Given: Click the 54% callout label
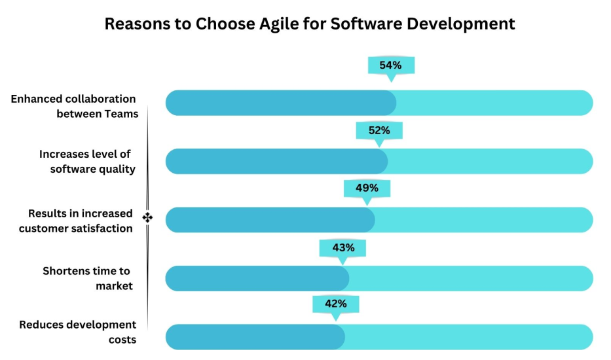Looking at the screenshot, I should point(391,65).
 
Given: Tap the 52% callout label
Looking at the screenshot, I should point(379,130).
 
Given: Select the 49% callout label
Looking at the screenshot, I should point(367,188).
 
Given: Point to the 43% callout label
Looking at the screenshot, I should point(343,247).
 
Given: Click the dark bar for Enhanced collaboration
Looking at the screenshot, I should point(280,103).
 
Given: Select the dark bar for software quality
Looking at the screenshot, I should point(276,161).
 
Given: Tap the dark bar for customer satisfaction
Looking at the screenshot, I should point(270,220).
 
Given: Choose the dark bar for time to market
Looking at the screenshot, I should point(257,278).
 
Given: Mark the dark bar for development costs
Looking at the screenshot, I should point(255,337).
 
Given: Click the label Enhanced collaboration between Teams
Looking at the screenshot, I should point(74,107).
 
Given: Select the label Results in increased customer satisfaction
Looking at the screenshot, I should point(76,221).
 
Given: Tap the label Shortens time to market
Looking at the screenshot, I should point(87,278).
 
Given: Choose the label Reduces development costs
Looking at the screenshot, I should point(78,332).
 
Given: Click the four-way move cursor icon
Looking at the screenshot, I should point(147,217).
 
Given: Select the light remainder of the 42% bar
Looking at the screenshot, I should point(468,337).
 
